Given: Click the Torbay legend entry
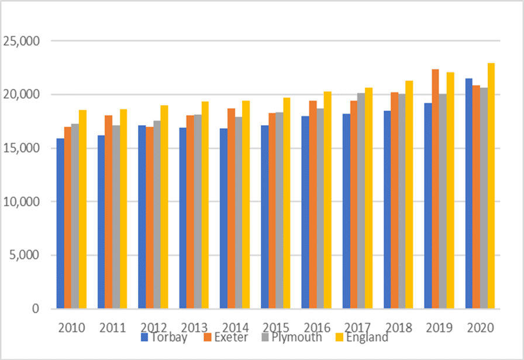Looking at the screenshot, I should point(165,337).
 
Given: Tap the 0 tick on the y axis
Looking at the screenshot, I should point(36,308).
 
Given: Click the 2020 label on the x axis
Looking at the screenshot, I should point(480,327).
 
